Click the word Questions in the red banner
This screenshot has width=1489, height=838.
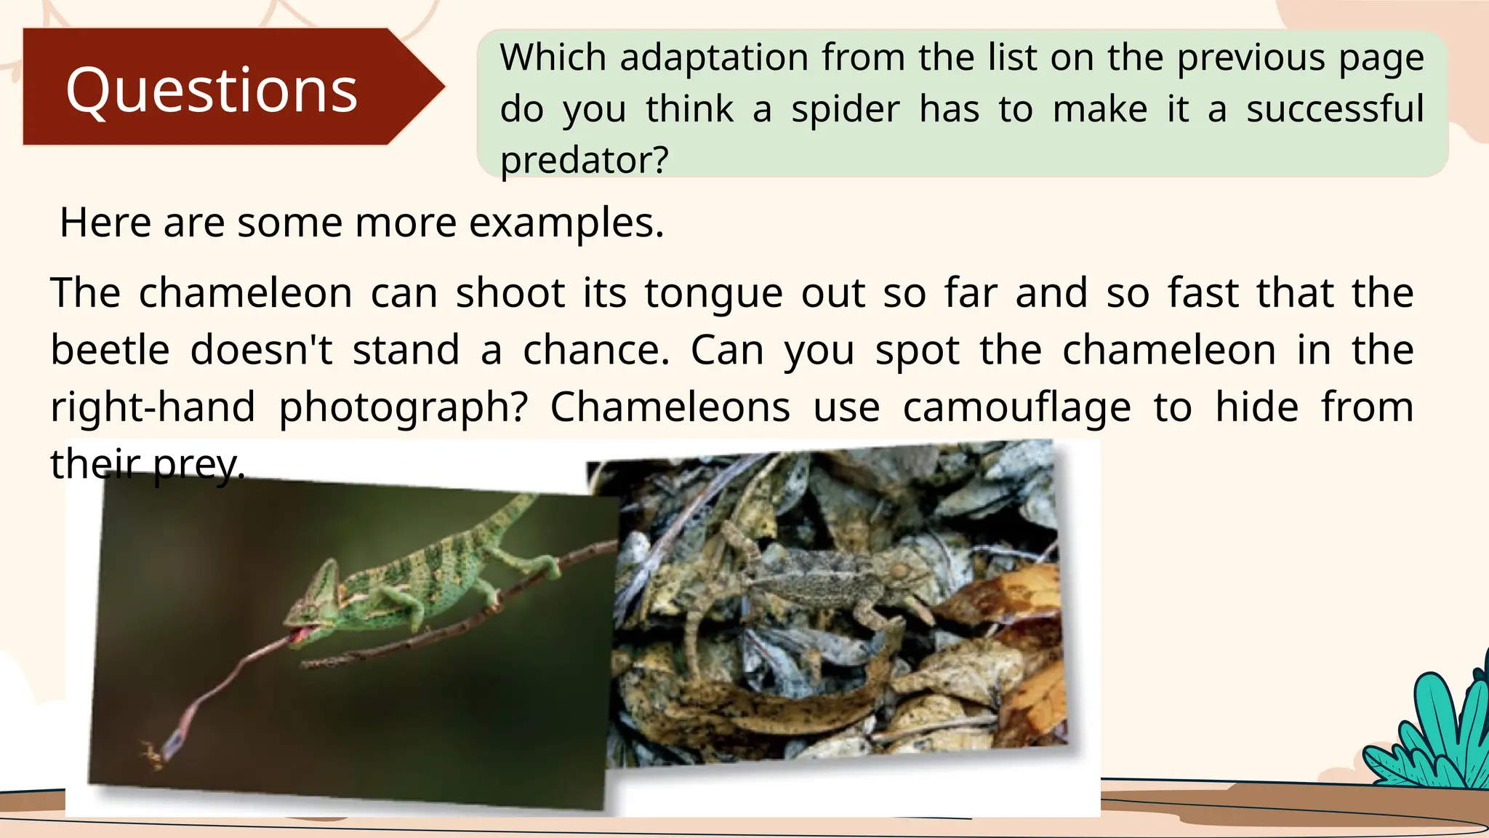point(211,90)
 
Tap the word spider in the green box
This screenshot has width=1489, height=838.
point(845,109)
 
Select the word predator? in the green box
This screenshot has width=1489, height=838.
point(584,159)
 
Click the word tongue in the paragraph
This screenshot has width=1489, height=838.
point(713,293)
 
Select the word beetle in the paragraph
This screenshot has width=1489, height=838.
point(110,350)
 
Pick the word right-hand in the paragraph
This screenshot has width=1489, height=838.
point(153,407)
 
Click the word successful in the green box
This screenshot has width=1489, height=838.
point(1335,109)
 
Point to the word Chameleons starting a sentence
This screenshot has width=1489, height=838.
point(670,407)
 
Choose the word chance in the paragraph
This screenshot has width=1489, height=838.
point(596,350)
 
